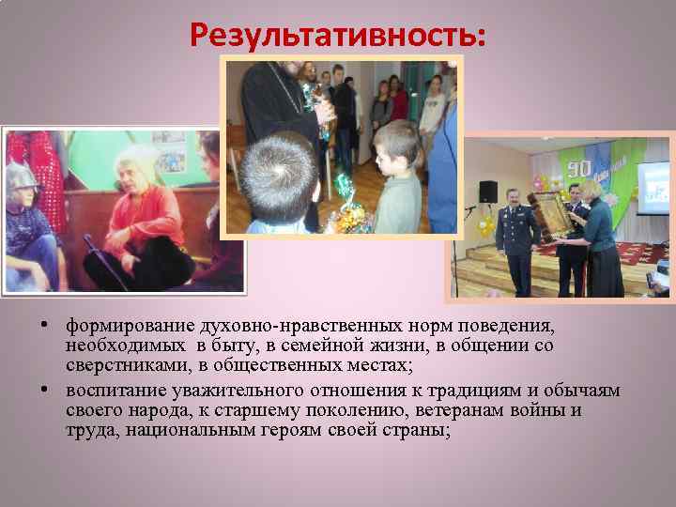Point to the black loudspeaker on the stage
tap(488, 192)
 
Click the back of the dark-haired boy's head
tap(280, 167)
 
